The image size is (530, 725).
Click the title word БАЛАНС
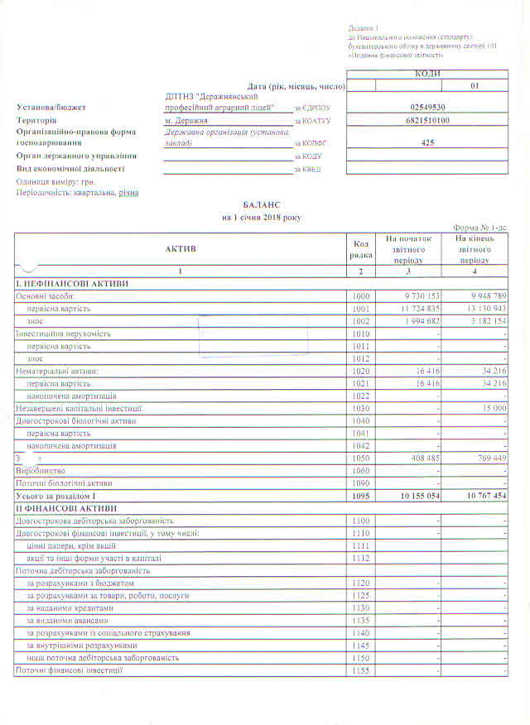pos(263,204)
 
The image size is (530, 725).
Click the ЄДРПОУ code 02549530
pos(427,108)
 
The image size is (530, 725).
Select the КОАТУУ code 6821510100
pos(427,121)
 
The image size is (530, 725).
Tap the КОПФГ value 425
pos(427,142)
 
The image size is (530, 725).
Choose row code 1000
pos(359,295)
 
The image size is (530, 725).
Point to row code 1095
pos(359,495)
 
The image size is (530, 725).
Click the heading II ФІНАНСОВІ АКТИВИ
pos(67,507)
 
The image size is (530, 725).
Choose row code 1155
pos(359,670)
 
